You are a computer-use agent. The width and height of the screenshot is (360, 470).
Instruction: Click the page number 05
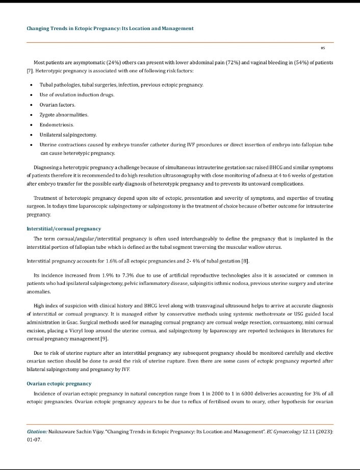click(323, 48)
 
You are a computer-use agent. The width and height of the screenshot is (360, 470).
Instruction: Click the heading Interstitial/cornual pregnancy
click(64, 228)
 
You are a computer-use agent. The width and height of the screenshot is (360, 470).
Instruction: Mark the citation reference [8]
click(245, 262)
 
